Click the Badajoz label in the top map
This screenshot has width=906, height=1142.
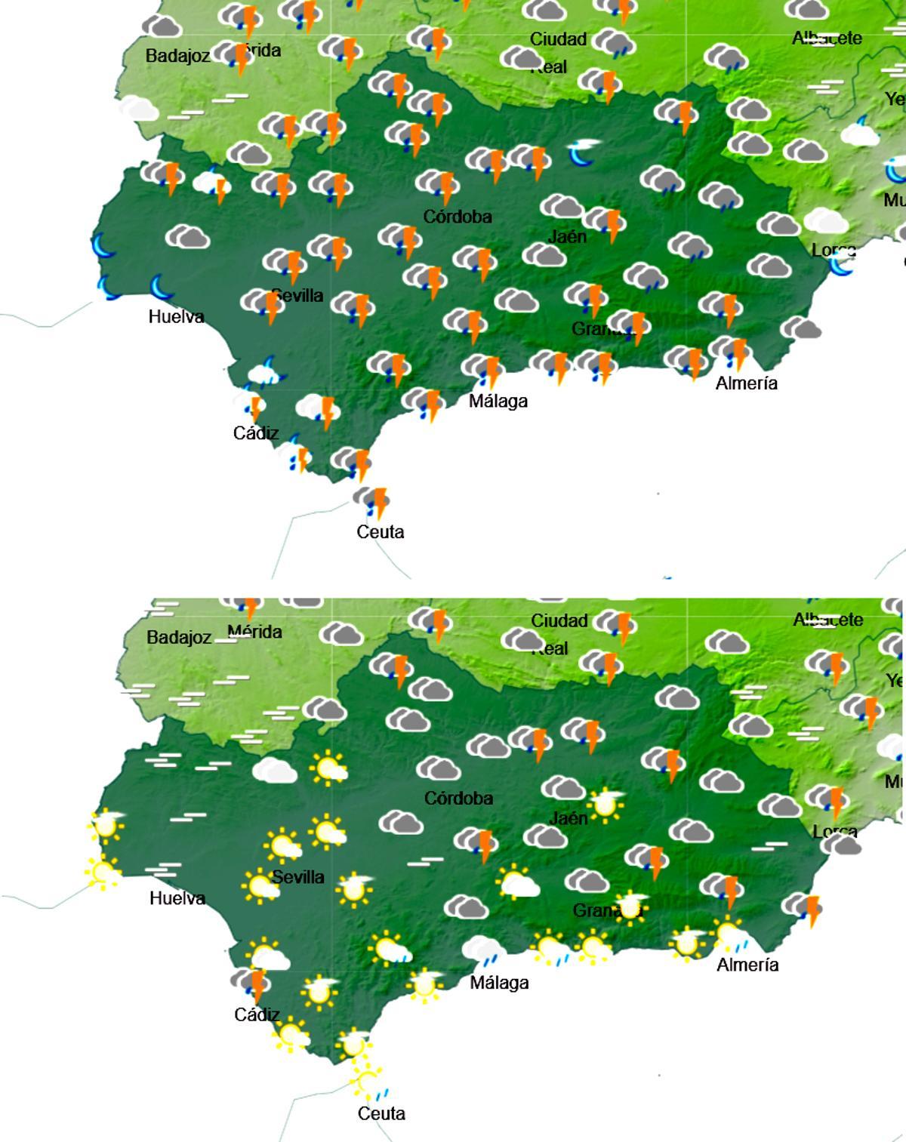(x=177, y=56)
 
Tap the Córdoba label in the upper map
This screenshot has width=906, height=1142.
(x=458, y=217)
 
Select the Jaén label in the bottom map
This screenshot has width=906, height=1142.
(x=569, y=818)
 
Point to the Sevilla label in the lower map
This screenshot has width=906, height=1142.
(x=297, y=877)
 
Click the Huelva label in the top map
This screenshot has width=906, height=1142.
(x=177, y=316)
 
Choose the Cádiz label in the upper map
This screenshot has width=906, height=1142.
(x=256, y=433)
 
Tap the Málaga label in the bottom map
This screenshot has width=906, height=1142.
(x=499, y=983)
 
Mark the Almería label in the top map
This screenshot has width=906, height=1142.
(x=747, y=383)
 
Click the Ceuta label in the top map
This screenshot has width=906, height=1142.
(x=381, y=532)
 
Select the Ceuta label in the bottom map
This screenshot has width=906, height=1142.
(x=381, y=1113)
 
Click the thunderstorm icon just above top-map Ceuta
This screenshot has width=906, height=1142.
(x=372, y=501)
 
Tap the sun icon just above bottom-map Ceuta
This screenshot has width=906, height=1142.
(x=368, y=1082)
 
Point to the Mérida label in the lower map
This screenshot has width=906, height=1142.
(x=255, y=632)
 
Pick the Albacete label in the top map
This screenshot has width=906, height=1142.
(x=827, y=38)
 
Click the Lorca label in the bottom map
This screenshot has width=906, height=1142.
(x=835, y=832)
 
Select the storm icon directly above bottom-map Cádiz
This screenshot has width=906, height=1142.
(x=251, y=983)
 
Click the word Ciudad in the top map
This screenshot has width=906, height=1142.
(x=559, y=39)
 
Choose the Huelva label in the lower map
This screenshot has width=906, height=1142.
(x=177, y=898)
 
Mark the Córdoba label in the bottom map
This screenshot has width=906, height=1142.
(x=458, y=799)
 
